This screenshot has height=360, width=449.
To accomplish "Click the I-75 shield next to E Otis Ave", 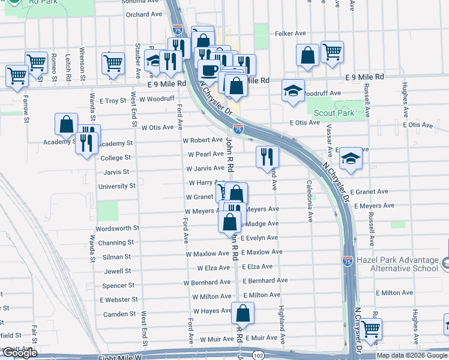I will [x=238, y=128].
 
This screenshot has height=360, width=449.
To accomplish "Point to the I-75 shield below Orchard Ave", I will [x=177, y=28].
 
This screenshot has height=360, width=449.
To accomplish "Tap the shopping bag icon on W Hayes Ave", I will [x=243, y=313].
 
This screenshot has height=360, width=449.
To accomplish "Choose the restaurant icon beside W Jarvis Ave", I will [x=267, y=157].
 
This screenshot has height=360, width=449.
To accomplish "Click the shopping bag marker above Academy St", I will [x=66, y=124].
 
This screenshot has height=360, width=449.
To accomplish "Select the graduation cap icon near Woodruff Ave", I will [x=292, y=91].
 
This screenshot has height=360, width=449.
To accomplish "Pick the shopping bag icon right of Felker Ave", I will [x=307, y=55].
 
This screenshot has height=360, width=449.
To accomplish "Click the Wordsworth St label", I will [x=117, y=229].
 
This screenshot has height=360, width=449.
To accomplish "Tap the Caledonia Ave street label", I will [x=309, y=202].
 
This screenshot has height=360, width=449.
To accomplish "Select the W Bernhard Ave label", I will [x=208, y=281].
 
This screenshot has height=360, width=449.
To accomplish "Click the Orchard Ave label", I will [x=145, y=14].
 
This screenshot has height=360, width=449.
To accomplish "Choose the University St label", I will [x=116, y=186].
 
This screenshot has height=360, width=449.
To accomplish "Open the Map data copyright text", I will [x=411, y=355].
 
